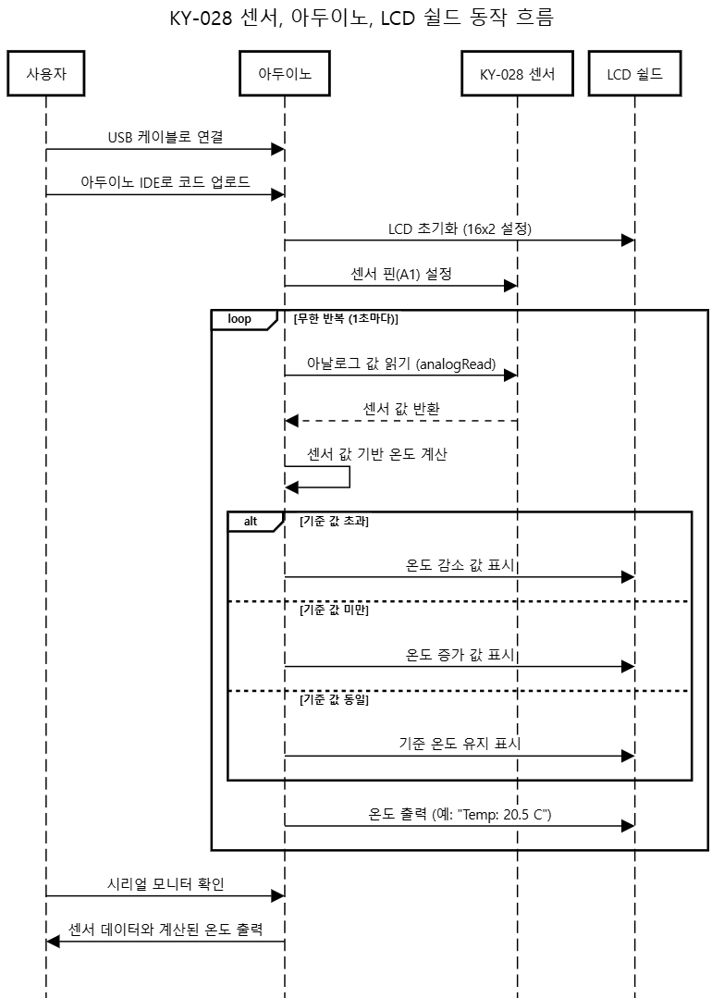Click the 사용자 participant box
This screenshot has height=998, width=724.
(45, 75)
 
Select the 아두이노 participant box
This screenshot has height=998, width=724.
(284, 75)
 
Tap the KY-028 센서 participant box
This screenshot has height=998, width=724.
(517, 75)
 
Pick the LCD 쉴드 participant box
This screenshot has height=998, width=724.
(634, 75)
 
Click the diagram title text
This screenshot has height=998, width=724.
(362, 18)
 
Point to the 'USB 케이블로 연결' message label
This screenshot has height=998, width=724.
(165, 137)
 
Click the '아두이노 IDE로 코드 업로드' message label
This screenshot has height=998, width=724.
(165, 182)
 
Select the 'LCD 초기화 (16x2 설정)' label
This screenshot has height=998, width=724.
(460, 228)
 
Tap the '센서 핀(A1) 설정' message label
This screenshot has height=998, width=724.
(400, 274)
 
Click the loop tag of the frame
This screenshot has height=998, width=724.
(239, 319)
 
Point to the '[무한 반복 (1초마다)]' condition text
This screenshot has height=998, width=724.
(346, 319)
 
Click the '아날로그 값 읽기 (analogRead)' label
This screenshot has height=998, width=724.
(400, 364)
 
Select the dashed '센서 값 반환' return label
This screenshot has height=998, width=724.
(400, 409)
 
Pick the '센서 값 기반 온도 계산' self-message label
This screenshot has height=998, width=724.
(377, 454)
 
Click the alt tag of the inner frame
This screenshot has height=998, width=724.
(251, 522)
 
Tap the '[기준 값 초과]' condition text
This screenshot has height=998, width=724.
(334, 522)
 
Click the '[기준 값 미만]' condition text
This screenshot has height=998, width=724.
(334, 610)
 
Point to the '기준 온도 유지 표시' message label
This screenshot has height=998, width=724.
(460, 744)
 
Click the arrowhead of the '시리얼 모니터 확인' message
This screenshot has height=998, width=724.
(277, 895)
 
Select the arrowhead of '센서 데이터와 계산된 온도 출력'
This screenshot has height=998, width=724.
(53, 941)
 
